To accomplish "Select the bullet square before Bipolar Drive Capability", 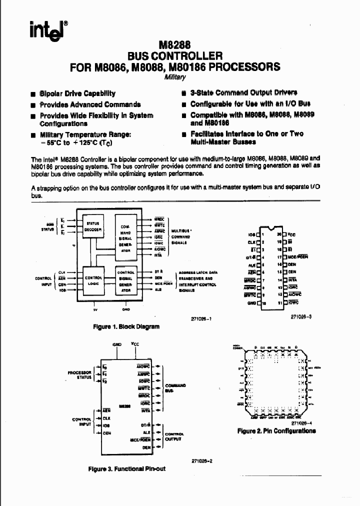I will [x=33, y=93].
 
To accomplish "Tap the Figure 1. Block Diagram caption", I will [x=126, y=326].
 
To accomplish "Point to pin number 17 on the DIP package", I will [x=279, y=255].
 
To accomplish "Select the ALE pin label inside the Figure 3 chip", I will [x=146, y=432].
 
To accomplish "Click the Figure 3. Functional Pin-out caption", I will [x=126, y=469].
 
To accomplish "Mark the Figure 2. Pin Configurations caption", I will [x=276, y=430].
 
